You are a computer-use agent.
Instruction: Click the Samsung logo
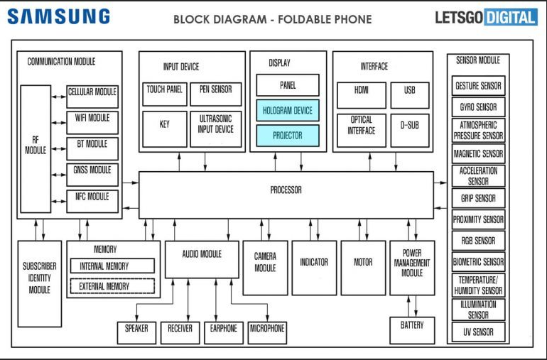pyautogui.click(x=59, y=16)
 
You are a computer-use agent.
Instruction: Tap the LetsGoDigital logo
pyautogui.click(x=486, y=17)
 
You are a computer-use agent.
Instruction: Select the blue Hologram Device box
pyautogui.click(x=288, y=111)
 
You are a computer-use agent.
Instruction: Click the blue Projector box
pyautogui.click(x=288, y=136)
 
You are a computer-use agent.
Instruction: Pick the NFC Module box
pyautogui.click(x=92, y=197)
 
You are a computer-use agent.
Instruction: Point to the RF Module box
pyautogui.click(x=36, y=149)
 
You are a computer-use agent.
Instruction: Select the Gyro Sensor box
pyautogui.click(x=478, y=108)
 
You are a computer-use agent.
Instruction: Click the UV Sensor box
pyautogui.click(x=478, y=332)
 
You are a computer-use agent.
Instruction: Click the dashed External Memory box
pyautogui.click(x=112, y=286)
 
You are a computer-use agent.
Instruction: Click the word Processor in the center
pyautogui.click(x=286, y=190)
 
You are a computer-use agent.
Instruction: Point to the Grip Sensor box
pyautogui.click(x=478, y=198)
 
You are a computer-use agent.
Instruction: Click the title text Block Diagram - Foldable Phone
pyautogui.click(x=272, y=19)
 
